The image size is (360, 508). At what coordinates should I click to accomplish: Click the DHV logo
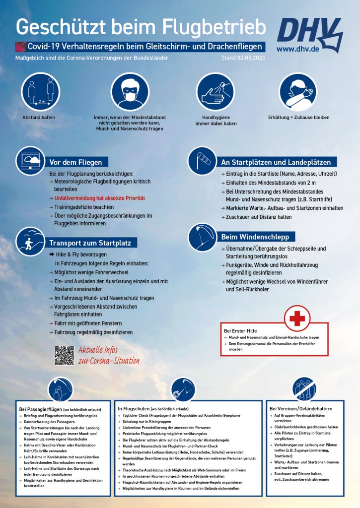tap(309, 31)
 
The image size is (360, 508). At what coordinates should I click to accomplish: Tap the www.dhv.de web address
tap(298, 49)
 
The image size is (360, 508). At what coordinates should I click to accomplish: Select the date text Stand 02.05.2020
tap(243, 58)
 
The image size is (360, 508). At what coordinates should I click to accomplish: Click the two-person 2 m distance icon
tap(40, 91)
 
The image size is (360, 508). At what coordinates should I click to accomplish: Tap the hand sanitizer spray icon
tap(215, 91)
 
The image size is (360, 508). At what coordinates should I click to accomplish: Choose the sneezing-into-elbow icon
tap(297, 91)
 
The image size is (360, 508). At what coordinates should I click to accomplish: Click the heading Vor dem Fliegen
tap(75, 162)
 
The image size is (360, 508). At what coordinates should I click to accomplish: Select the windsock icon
tap(202, 160)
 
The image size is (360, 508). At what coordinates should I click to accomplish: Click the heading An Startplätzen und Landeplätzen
tap(276, 162)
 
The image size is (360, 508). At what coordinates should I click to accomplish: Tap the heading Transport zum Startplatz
tap(90, 243)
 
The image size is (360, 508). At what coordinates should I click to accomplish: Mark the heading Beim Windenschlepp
tap(255, 237)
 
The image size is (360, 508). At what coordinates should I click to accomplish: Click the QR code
tap(65, 356)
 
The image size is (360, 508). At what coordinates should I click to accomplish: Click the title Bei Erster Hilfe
tap(240, 330)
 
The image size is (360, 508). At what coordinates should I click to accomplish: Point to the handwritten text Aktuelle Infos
tap(100, 350)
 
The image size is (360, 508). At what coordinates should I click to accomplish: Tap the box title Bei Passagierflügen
tap(41, 409)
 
